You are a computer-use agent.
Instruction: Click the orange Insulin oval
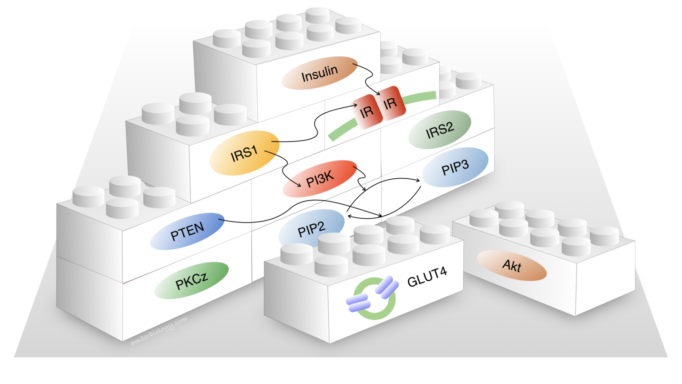coord(319,73)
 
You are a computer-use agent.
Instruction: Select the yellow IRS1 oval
coord(244,153)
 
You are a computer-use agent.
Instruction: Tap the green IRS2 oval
coord(439,130)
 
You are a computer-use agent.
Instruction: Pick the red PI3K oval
coord(320,178)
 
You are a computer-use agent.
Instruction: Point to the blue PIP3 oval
coord(455,167)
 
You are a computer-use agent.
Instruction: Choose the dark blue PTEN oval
coord(187,231)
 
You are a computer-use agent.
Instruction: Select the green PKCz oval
coord(191,280)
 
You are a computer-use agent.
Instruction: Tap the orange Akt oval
coord(511,265)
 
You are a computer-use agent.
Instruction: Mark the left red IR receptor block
coord(367,112)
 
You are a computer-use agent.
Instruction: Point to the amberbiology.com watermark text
coord(159,331)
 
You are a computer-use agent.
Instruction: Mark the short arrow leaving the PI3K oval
coord(361,180)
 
